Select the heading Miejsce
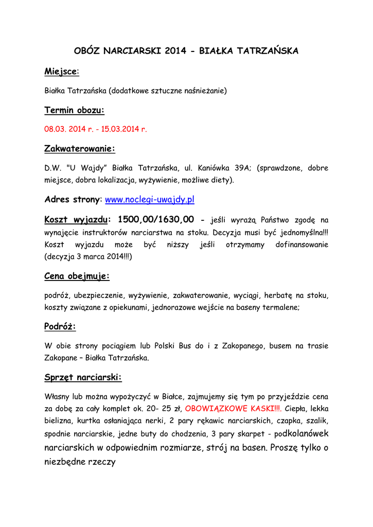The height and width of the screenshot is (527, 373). tap(60, 71)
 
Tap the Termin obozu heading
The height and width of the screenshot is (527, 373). tap(74, 110)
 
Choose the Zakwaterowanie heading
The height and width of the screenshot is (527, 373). tap(80, 149)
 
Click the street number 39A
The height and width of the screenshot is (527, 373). tap(242, 168)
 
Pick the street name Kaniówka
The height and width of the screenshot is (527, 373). tap(211, 168)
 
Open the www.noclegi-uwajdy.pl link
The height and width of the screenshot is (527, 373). tap(149, 199)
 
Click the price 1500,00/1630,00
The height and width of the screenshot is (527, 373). tap(155, 220)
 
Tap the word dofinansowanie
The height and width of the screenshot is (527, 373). tap(301, 244)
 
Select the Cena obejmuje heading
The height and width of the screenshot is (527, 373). tap(77, 276)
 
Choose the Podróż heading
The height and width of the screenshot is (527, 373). tap(60, 327)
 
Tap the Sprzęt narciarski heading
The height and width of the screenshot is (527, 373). tap(83, 378)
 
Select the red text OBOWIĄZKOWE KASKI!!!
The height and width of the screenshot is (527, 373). tap(233, 409)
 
